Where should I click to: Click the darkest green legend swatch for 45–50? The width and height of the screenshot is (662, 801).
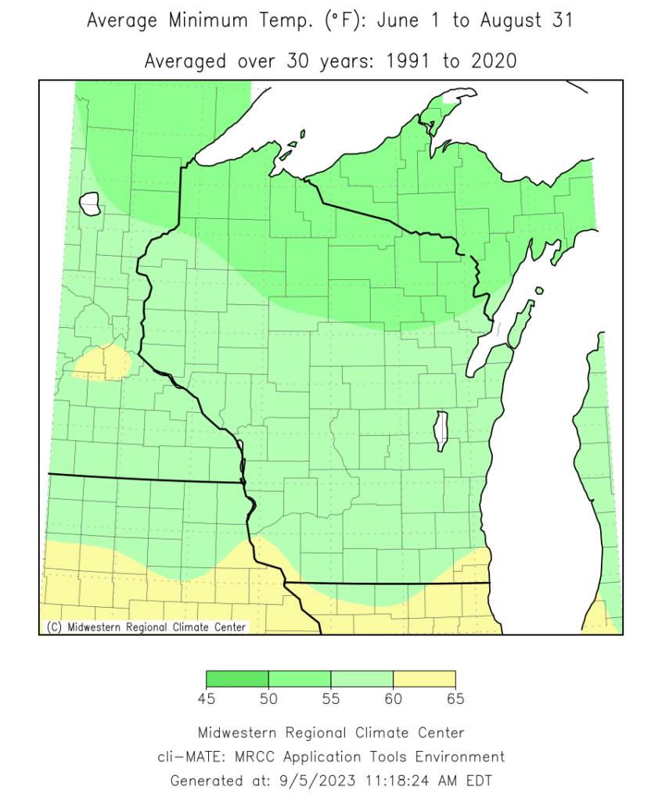click(237, 679)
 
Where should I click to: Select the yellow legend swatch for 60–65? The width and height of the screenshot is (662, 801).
click(424, 679)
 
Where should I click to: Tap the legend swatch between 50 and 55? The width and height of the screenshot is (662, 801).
click(300, 679)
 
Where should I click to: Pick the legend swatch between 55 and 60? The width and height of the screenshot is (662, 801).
click(362, 679)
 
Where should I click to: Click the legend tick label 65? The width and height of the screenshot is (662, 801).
click(455, 699)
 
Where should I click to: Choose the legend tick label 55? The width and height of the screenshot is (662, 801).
click(331, 699)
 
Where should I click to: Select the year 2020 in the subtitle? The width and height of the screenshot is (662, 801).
click(491, 61)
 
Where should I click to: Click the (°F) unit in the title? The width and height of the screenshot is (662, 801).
click(344, 21)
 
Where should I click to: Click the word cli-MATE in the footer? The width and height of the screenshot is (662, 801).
click(188, 757)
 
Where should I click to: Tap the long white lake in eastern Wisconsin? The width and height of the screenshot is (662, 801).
click(441, 431)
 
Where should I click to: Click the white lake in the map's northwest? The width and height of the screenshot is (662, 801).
click(90, 205)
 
